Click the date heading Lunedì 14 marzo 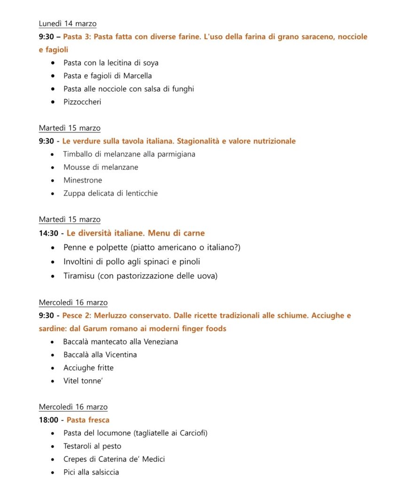tap(68, 24)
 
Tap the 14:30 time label tap(48, 233)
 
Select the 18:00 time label tap(48, 420)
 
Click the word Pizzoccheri tap(82, 102)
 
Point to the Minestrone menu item tap(83, 180)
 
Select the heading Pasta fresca tap(88, 420)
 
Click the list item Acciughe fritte tap(88, 368)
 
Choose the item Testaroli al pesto tap(92, 446)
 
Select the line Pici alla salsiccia tap(91, 472)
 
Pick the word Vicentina tap(120, 355)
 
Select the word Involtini tap(79, 262)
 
